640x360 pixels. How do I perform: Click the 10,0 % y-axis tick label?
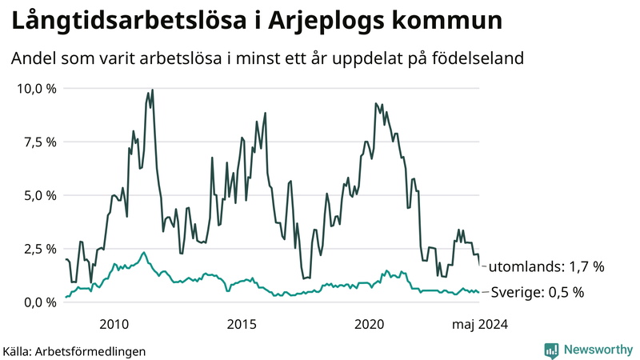(36, 88)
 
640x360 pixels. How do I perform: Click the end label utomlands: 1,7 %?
(546, 266)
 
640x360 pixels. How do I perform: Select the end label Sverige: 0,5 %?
(536, 292)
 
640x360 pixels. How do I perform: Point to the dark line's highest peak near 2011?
(152, 90)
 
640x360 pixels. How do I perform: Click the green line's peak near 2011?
(144, 253)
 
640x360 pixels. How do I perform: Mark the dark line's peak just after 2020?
(376, 103)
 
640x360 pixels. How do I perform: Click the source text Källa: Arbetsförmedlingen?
(74, 350)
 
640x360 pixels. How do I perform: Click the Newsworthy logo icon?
(551, 350)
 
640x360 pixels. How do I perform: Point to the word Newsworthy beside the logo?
(597, 350)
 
